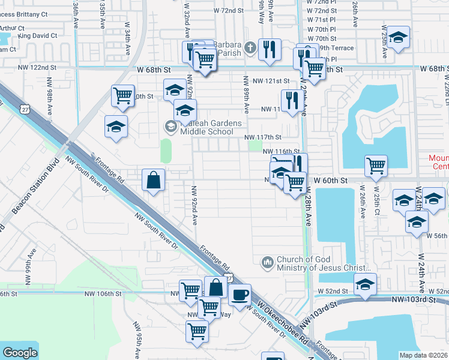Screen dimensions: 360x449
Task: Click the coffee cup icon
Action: [240, 295]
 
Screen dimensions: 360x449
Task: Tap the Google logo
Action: [20, 353]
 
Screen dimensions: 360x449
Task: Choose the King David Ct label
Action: [37, 36]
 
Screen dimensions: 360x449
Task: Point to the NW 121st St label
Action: [271, 80]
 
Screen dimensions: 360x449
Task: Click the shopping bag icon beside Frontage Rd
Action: [154, 179]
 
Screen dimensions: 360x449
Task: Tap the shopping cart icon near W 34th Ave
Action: [123, 95]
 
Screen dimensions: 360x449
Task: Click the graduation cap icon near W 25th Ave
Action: [397, 37]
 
